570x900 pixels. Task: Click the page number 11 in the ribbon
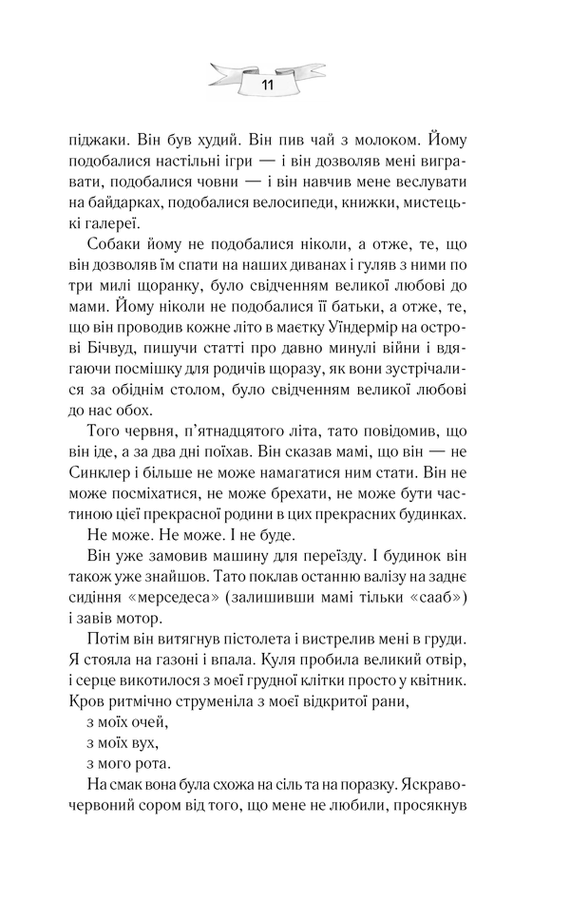point(268,86)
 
